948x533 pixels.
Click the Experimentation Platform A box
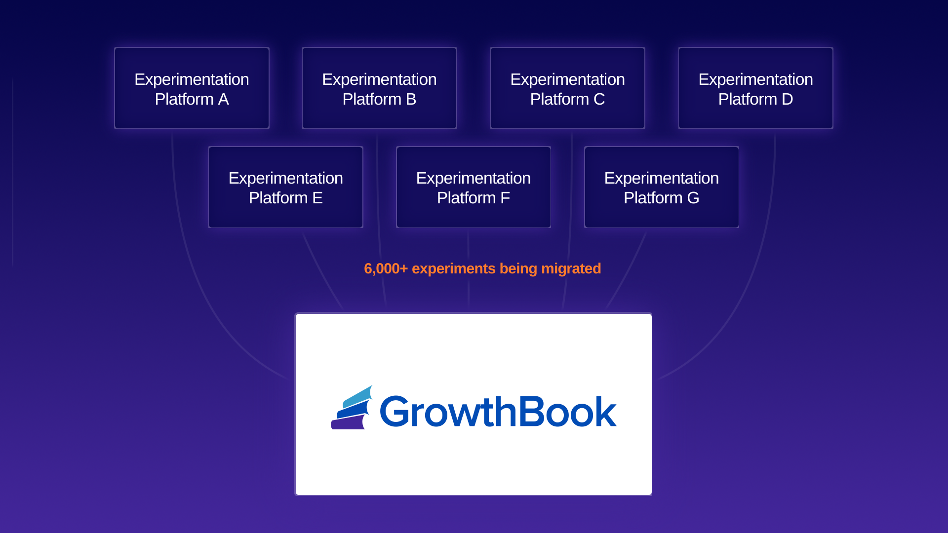point(192,88)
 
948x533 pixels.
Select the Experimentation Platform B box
point(379,88)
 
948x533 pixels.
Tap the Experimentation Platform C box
point(567,88)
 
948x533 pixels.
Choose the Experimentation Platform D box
point(755,88)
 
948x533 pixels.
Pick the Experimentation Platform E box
point(285,187)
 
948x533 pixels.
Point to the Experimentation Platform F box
point(473,187)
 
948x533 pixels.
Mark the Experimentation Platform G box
point(661,187)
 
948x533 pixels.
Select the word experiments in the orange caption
point(453,268)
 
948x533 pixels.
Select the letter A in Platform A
point(223,99)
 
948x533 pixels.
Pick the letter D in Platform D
point(787,99)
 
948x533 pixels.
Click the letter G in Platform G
point(693,198)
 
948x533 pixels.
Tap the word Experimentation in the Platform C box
point(567,79)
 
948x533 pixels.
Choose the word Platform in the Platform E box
point(278,198)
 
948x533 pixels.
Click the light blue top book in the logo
point(357,396)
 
